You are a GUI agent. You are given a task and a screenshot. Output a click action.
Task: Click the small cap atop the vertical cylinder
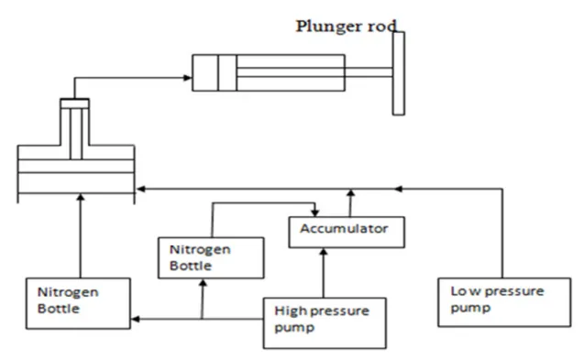[x=75, y=102]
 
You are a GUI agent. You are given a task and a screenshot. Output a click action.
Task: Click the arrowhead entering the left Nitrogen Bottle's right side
[x=135, y=318]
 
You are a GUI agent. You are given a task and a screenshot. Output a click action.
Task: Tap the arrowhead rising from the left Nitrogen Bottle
[x=81, y=198]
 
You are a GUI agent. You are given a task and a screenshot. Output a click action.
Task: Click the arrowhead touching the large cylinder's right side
[x=139, y=189]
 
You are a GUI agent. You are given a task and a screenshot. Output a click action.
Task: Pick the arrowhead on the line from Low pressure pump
[x=396, y=189]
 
